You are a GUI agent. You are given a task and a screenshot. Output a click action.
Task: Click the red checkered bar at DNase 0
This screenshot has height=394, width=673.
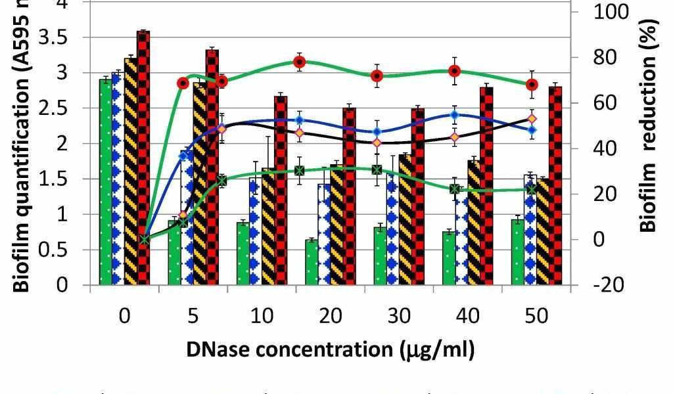143,158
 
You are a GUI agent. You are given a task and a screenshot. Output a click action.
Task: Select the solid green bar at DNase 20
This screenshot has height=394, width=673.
311,263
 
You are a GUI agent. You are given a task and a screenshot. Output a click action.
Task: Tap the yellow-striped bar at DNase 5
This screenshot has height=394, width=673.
199,184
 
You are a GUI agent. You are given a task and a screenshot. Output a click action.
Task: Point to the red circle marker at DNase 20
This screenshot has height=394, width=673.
300,62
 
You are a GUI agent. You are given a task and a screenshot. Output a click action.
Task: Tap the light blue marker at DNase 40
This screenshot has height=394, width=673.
454,115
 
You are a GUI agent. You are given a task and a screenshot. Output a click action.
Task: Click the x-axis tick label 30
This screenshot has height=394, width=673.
399,317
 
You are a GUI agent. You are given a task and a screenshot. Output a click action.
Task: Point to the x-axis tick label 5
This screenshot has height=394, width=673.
193,317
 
